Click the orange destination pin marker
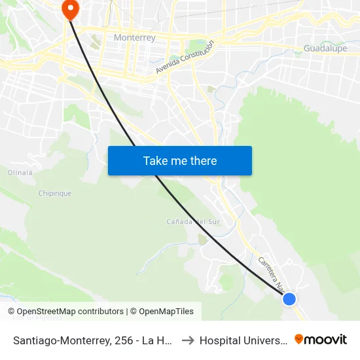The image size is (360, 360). (69, 9)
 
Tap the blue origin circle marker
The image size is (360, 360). (289, 299)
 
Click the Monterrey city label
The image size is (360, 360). (135, 37)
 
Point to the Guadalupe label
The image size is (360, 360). (325, 48)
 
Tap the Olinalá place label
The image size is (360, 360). (20, 173)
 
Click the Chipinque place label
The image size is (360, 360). (55, 194)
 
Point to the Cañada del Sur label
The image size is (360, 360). (192, 222)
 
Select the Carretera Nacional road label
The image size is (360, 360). (271, 272)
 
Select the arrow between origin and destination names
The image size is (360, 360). (187, 340)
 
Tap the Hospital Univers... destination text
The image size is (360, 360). (243, 340)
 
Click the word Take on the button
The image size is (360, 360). (156, 161)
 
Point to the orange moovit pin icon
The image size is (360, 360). (299, 339)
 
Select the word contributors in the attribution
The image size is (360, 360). (100, 312)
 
